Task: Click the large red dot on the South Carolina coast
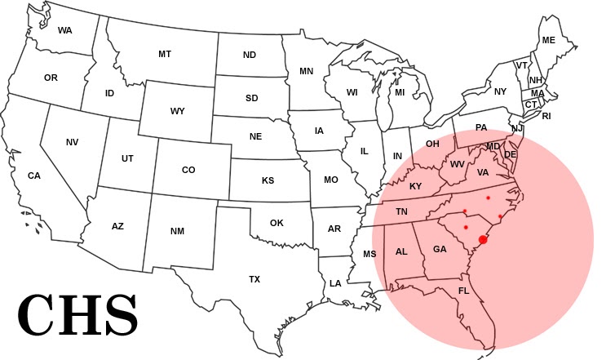[x=483, y=240]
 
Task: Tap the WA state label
[x=66, y=30]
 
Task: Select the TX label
[x=254, y=279]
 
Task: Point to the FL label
[x=463, y=291]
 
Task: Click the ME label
[x=548, y=40]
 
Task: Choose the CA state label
[x=34, y=176]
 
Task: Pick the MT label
[x=165, y=54]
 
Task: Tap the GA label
[x=440, y=249]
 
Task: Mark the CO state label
[x=188, y=170]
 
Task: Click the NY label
[x=500, y=91]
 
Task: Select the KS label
[x=268, y=180]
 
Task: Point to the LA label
[x=335, y=283]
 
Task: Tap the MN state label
[x=306, y=71]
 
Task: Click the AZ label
[x=117, y=226]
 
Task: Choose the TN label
[x=401, y=211]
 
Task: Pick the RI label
[x=546, y=116]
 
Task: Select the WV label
[x=458, y=164]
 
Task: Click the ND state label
[x=250, y=56]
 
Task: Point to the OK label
[x=277, y=223]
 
